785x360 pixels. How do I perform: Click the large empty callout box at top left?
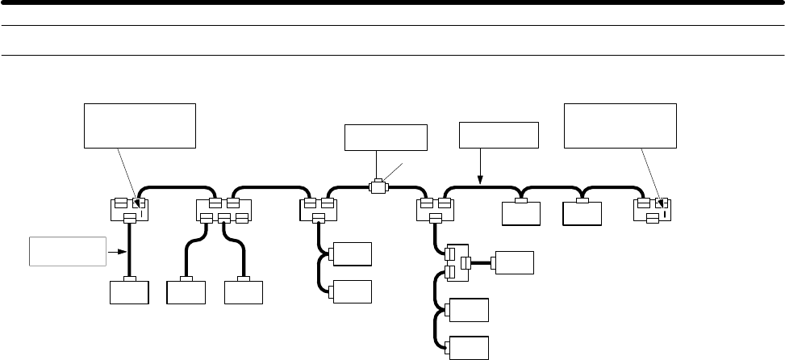140,125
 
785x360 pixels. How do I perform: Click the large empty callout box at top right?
620,125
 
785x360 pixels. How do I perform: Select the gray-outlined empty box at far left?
67,251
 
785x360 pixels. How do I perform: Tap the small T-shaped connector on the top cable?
377,186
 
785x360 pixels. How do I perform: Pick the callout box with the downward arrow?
498,135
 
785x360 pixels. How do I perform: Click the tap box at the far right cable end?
656,209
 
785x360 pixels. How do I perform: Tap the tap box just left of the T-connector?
318,210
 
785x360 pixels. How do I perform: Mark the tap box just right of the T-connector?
436,210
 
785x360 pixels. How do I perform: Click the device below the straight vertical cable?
129,291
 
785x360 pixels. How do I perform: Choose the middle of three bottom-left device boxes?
186,291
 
